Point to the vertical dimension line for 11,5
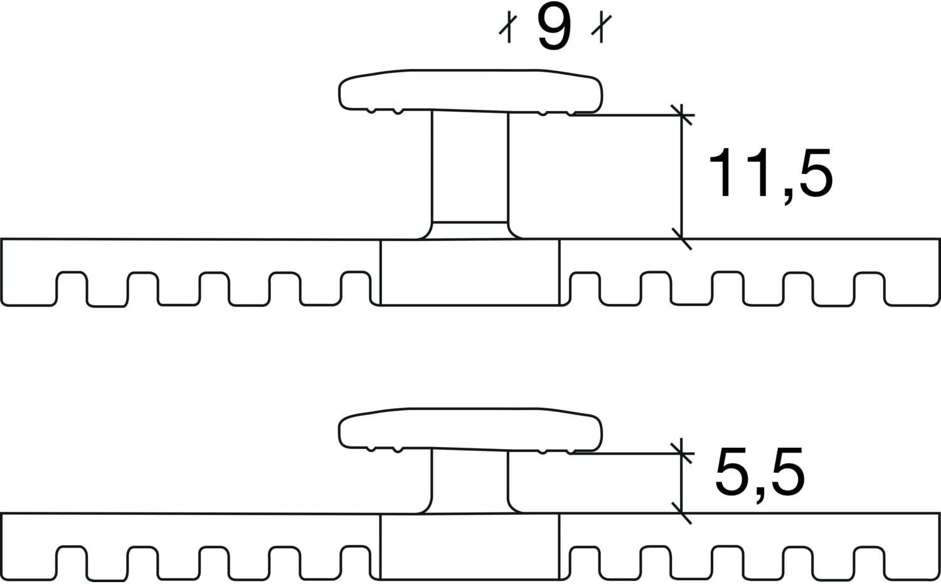681,176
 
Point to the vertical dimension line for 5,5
681,480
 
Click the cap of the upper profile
470,91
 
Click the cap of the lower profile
470,430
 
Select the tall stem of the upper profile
470,175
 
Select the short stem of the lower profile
470,482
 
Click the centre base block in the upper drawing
470,272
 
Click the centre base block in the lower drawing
470,546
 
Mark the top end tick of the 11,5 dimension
681,115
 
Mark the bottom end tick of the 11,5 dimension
681,239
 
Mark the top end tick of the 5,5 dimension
681,453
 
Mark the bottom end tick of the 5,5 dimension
681,513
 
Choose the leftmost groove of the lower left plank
72,563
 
